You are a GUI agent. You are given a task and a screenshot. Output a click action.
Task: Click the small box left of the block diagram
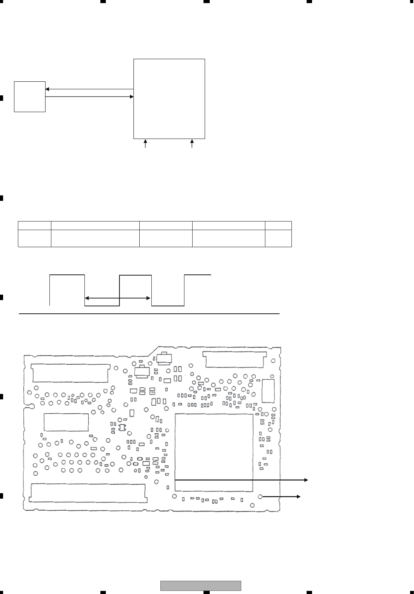30,97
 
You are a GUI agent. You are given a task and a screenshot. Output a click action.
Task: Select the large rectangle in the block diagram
169,98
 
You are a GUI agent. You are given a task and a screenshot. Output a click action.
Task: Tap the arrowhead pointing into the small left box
47,89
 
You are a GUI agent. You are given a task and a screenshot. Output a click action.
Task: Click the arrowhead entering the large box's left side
132,96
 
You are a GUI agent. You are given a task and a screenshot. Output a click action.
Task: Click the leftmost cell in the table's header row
35,225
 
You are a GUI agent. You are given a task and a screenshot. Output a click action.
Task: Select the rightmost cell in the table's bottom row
278,238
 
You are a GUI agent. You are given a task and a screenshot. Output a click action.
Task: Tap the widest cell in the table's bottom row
95,238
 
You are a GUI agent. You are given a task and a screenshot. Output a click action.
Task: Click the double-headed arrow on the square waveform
118,298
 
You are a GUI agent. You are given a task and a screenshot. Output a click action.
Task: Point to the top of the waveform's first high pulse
67,275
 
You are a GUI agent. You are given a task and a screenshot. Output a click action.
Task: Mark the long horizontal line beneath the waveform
149,313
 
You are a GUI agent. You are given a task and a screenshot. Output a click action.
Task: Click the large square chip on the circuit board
214,452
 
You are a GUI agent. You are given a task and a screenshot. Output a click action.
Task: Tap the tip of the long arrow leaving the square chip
307,480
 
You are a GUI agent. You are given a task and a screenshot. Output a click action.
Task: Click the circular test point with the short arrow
260,497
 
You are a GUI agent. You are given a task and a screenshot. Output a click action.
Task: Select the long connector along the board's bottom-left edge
88,492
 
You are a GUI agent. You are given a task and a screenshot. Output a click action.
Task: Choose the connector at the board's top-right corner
235,359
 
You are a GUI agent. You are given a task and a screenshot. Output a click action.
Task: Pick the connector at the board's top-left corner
70,373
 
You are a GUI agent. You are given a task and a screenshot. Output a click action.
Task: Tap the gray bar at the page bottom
201,586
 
